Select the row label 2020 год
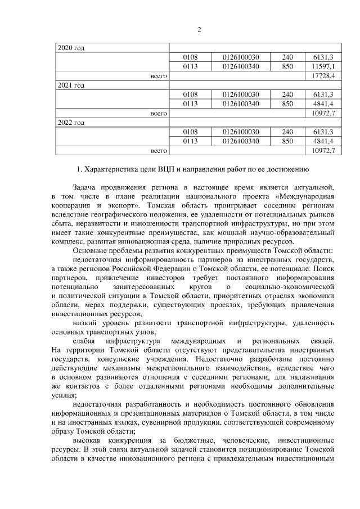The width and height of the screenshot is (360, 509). (71, 48)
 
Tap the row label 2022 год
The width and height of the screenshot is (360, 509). (71, 122)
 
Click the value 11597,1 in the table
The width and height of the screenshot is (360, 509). (323, 66)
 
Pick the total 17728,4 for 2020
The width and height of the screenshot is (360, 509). (323, 75)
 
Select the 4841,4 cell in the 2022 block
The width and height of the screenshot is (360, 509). (323, 141)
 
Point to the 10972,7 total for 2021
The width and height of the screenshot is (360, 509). (323, 112)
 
